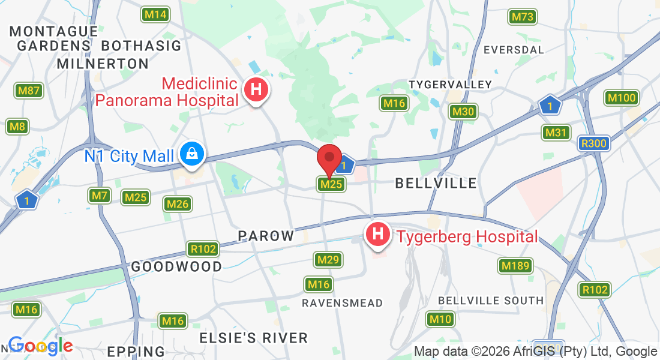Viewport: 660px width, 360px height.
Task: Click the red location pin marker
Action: [x=329, y=157]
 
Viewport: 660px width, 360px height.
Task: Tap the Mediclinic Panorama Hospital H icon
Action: [x=256, y=91]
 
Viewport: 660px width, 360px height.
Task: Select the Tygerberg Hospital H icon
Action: [x=378, y=235]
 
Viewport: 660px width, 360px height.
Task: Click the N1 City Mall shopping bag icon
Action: [x=193, y=155]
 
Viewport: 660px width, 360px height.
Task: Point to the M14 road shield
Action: [x=155, y=14]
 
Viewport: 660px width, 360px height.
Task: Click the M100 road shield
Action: [x=621, y=98]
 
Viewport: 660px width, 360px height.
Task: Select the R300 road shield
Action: [x=594, y=144]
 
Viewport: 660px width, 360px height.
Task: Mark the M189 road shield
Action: [x=515, y=266]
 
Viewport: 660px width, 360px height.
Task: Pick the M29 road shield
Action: [x=329, y=260]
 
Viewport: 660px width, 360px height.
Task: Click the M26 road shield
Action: [x=178, y=204]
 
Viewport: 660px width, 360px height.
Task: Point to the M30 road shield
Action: [x=463, y=112]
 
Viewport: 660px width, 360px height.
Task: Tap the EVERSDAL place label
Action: [x=513, y=50]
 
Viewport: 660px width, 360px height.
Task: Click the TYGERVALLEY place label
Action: [x=450, y=85]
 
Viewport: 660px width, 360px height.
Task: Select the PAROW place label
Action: [x=266, y=236]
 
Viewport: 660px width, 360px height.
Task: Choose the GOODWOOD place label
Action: [x=176, y=266]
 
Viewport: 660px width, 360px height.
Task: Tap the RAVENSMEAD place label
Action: [x=342, y=303]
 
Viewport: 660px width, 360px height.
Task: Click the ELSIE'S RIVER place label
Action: [x=253, y=338]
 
